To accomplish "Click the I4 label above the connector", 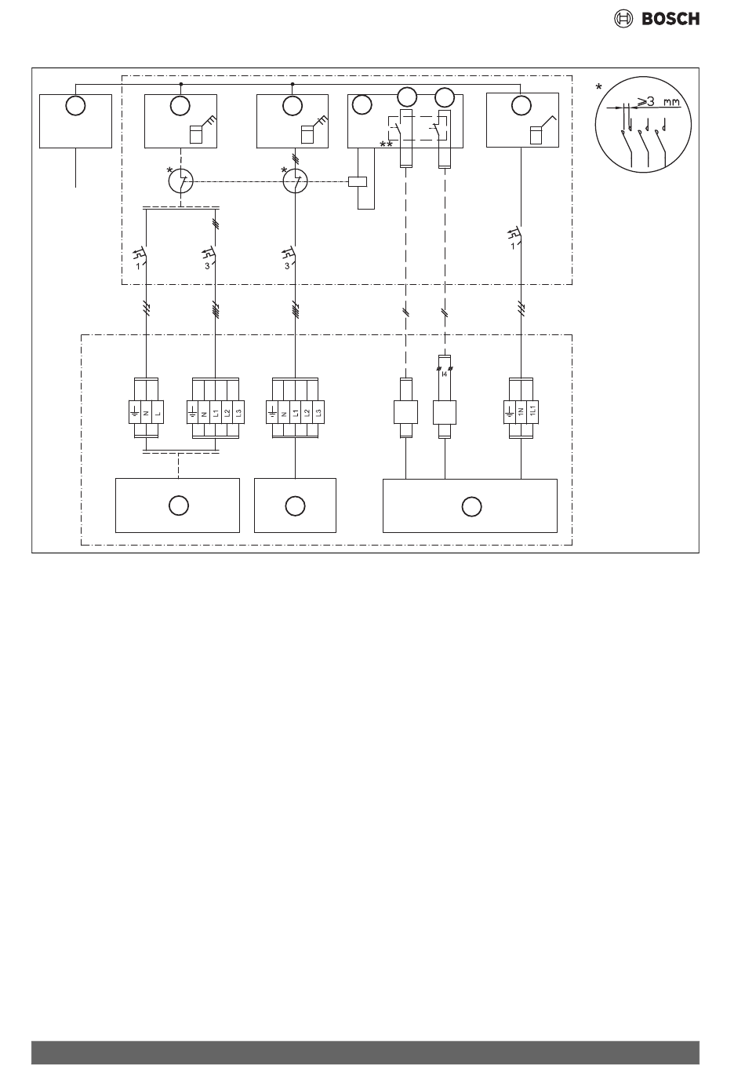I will point(445,374).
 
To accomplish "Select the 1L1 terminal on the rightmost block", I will point(531,411).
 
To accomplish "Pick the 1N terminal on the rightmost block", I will point(521,411).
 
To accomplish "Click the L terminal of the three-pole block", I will point(157,411).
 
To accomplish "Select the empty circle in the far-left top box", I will point(75,105).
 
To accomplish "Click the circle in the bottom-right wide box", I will point(470,506).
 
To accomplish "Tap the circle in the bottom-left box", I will point(178,506).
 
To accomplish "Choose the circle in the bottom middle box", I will point(295,506).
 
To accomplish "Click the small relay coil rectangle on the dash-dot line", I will point(358,183).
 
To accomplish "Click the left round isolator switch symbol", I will point(181,182).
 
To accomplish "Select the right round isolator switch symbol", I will point(294,182).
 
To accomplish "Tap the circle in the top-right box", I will point(519,105).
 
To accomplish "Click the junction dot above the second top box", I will point(181,82).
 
